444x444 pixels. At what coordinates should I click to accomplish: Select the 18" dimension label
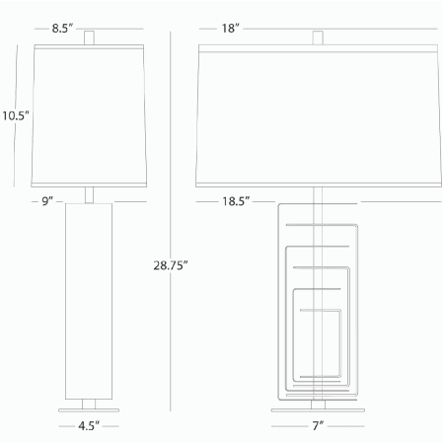pyautogui.click(x=231, y=29)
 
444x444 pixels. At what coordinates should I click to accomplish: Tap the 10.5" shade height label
pyautogui.click(x=16, y=115)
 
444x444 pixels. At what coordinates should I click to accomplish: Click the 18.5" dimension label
pyautogui.click(x=235, y=200)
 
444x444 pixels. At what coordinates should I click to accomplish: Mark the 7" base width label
pyautogui.click(x=318, y=426)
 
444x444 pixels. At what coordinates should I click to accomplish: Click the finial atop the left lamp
pyautogui.click(x=92, y=37)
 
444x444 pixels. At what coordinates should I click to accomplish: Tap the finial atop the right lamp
pyautogui.click(x=318, y=37)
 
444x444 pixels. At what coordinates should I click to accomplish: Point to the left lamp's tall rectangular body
pyautogui.click(x=92, y=296)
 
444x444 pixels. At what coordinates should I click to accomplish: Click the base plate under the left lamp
pyautogui.click(x=92, y=405)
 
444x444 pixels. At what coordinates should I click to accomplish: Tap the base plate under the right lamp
pyautogui.click(x=318, y=405)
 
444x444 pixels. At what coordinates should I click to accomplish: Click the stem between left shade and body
pyautogui.click(x=92, y=193)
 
